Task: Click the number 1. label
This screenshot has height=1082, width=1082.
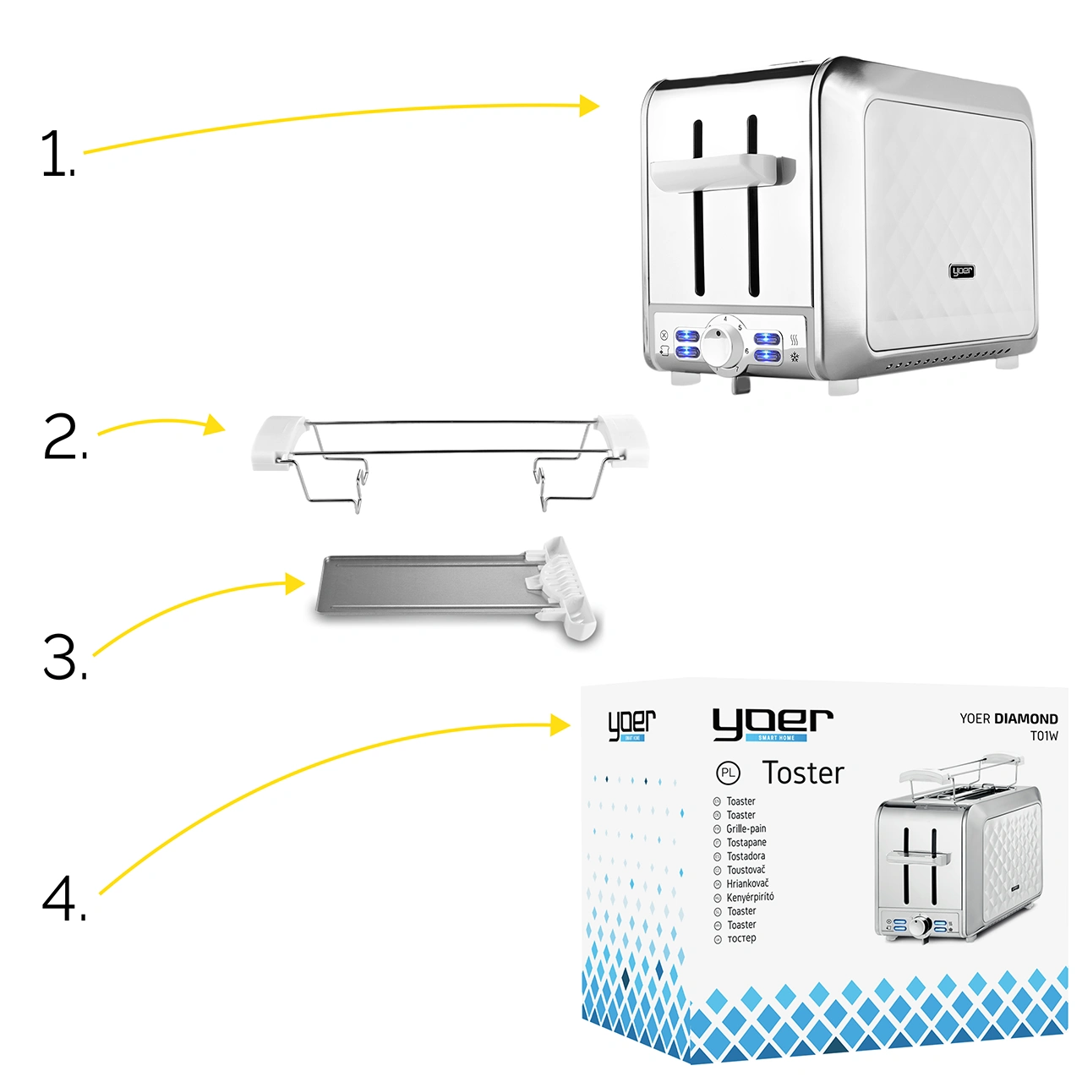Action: coord(57,154)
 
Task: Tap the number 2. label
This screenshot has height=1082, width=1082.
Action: coord(64,437)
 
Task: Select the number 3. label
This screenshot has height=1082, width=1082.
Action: coord(64,658)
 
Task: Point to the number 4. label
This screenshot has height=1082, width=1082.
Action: coord(64,898)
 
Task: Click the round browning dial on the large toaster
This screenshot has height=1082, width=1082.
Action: coord(722,343)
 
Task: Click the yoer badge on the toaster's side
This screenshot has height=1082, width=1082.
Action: coord(962,271)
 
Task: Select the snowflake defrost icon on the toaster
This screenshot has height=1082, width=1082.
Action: coord(795,357)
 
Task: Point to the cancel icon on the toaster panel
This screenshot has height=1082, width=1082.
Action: coord(664,335)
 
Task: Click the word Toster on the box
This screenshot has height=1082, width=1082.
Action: coord(802,773)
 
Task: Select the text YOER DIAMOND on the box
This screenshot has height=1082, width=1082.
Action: coord(1008,719)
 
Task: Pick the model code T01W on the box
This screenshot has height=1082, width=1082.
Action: coord(1044,736)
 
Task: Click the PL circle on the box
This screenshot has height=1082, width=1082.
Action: coord(728,773)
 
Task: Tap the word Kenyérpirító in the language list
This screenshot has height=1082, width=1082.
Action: coord(750,897)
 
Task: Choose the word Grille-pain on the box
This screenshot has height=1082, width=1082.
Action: coord(746,828)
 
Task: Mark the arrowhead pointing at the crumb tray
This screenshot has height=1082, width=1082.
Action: coord(295,583)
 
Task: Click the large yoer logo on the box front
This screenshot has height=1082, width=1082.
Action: coord(773,724)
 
